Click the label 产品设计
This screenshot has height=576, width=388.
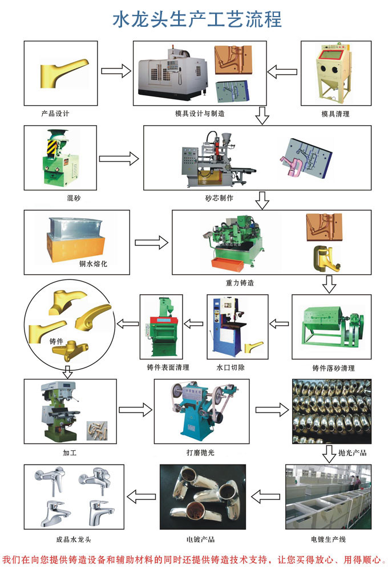tap(55, 113)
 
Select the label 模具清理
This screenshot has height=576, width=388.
tap(336, 113)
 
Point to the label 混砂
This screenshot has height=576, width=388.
tap(58, 198)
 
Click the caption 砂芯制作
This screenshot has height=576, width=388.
tap(219, 198)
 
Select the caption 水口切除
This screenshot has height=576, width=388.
tap(231, 367)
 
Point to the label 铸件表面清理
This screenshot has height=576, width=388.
tap(167, 367)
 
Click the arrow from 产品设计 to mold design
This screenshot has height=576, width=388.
tap(115, 71)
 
